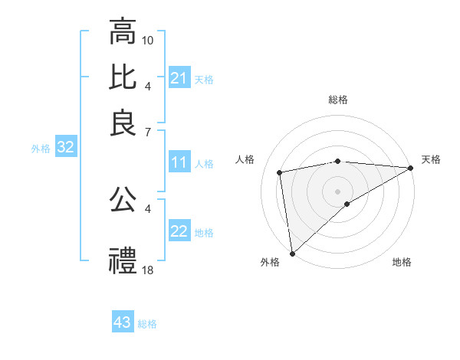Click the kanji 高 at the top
pyautogui.click(x=123, y=31)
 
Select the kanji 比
pyautogui.click(x=123, y=77)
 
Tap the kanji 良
pyautogui.click(x=123, y=123)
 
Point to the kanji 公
pyautogui.click(x=123, y=201)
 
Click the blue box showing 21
pyautogui.click(x=179, y=79)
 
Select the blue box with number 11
pyautogui.click(x=179, y=162)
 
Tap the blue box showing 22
pyautogui.click(x=179, y=232)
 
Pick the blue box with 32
pyautogui.click(x=65, y=148)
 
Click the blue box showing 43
pyautogui.click(x=122, y=322)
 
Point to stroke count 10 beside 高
pyautogui.click(x=148, y=39)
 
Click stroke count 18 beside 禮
pyautogui.click(x=148, y=270)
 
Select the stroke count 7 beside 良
pyautogui.click(x=148, y=131)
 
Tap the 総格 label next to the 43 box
pyautogui.click(x=147, y=324)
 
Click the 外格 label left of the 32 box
pyautogui.click(x=41, y=149)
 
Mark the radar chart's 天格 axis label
pyautogui.click(x=431, y=159)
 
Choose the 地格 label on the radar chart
pyautogui.click(x=402, y=262)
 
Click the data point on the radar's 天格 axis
pyautogui.click(x=411, y=168)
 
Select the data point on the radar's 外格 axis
pyautogui.click(x=292, y=253)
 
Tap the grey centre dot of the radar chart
pyautogui.click(x=338, y=191)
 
